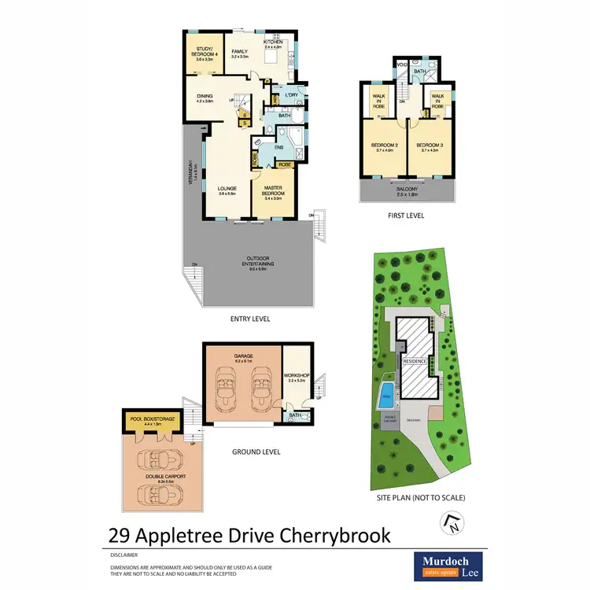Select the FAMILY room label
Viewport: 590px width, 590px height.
(239, 53)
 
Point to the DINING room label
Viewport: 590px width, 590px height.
(204, 98)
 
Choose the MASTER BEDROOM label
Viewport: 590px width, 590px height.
(273, 190)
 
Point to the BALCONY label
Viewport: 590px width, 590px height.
(407, 190)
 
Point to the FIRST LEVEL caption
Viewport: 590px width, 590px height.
(406, 214)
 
